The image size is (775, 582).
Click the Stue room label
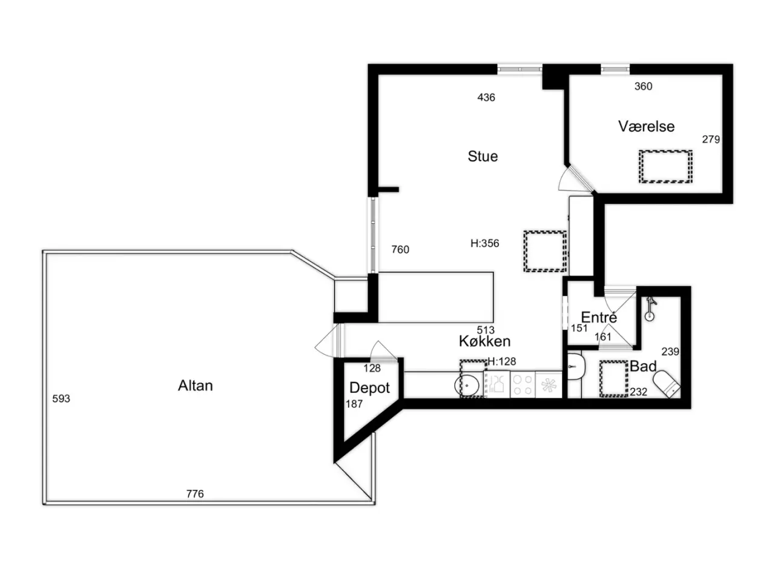click(483, 156)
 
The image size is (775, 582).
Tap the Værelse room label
click(646, 127)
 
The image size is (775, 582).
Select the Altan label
click(195, 386)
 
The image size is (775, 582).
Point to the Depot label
click(369, 388)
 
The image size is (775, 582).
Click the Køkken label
click(484, 341)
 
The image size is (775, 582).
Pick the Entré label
click(599, 317)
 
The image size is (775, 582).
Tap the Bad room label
click(643, 366)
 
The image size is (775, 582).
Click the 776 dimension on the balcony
click(195, 493)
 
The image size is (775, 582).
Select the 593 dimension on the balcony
click(61, 398)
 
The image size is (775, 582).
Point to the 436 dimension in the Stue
click(486, 97)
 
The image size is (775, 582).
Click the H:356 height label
click(485, 243)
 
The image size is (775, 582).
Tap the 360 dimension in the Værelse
click(643, 86)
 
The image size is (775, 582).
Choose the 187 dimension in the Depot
click(354, 404)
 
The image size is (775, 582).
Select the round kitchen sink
click(466, 385)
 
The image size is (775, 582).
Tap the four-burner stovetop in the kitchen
click(523, 384)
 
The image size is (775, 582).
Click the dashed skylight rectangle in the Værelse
click(665, 167)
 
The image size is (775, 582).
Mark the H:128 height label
click(502, 361)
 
